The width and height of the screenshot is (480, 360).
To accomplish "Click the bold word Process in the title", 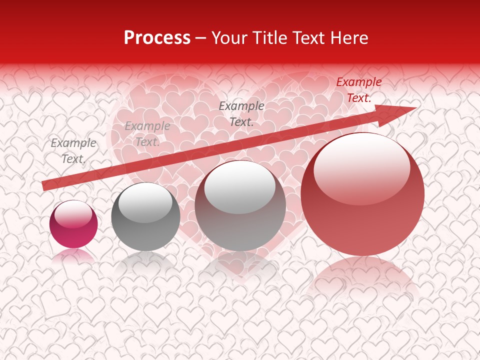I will click(x=157, y=38).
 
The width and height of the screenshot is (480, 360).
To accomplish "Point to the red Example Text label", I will click(x=359, y=90).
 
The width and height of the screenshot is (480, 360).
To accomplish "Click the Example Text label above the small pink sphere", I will click(x=73, y=151).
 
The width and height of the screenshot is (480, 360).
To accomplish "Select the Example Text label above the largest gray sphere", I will click(x=241, y=113).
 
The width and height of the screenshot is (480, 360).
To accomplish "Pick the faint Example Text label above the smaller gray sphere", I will click(x=147, y=134).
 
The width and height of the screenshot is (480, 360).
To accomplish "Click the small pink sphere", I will click(x=73, y=224).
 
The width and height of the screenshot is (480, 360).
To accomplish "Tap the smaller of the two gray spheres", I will click(x=145, y=216).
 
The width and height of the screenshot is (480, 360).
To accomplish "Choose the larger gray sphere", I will click(x=240, y=206).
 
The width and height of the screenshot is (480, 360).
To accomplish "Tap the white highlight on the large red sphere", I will click(x=361, y=166).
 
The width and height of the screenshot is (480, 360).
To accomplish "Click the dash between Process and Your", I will click(x=201, y=38).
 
